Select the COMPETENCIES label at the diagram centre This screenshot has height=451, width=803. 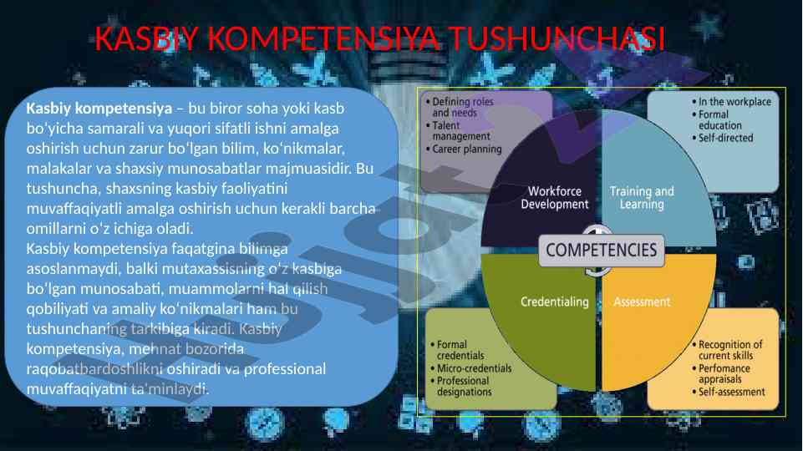(x=602, y=249)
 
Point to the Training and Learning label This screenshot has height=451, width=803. (x=641, y=198)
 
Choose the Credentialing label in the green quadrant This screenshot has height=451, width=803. (x=554, y=301)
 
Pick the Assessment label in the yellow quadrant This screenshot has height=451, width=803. (x=642, y=302)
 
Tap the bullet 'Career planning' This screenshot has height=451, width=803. (x=466, y=149)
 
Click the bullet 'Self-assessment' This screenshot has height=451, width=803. (x=731, y=392)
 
